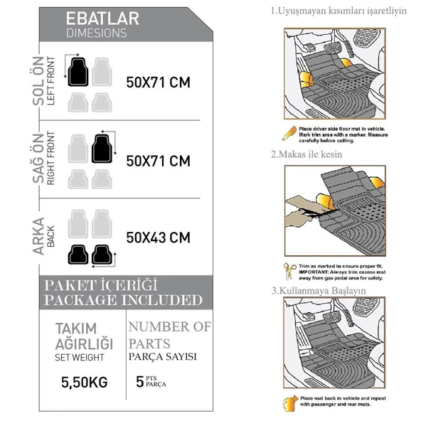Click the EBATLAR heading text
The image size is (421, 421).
(102, 18)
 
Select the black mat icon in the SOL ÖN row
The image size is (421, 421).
(77, 72)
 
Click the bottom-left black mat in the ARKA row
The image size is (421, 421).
(77, 253)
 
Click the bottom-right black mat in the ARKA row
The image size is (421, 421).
(102, 253)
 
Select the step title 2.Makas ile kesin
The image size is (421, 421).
(307, 154)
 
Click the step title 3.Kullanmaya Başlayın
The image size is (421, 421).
(317, 291)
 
